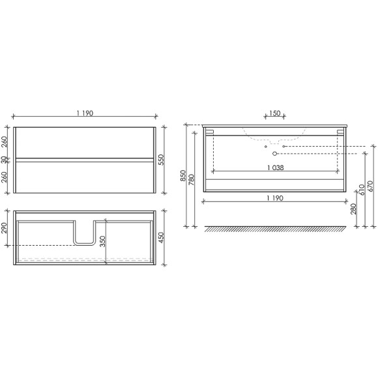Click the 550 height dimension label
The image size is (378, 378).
(x=162, y=160)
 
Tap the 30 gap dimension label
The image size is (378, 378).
(x=4, y=160)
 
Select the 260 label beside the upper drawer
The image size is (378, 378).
(x=4, y=142)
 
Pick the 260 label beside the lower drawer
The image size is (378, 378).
(x=4, y=177)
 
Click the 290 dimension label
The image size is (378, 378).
(x=4, y=228)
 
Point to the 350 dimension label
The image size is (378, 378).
(x=103, y=241)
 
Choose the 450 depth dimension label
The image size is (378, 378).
(x=162, y=238)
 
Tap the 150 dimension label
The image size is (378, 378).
(x=274, y=113)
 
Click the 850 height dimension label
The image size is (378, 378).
(x=183, y=176)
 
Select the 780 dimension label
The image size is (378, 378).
(x=191, y=180)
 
